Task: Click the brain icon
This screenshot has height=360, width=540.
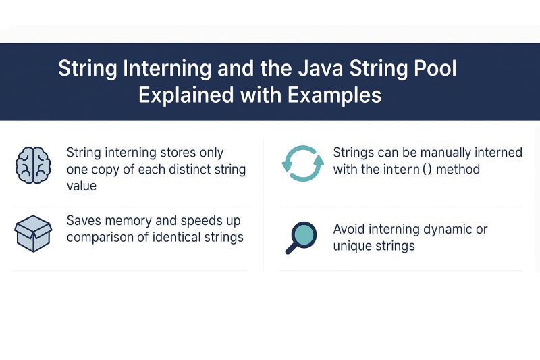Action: click(33, 165)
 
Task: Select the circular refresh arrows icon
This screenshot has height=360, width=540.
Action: click(298, 163)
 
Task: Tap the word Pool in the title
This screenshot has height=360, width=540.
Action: click(433, 70)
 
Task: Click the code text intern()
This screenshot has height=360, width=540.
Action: click(408, 169)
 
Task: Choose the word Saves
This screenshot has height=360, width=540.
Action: click(84, 221)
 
